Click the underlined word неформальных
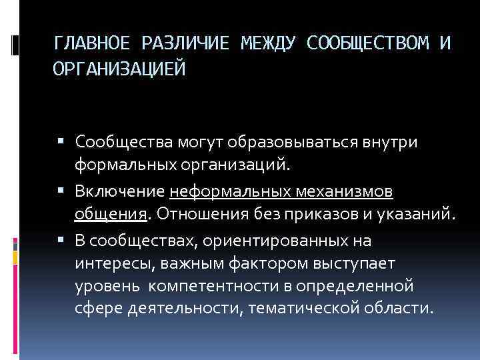point(227,193)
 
